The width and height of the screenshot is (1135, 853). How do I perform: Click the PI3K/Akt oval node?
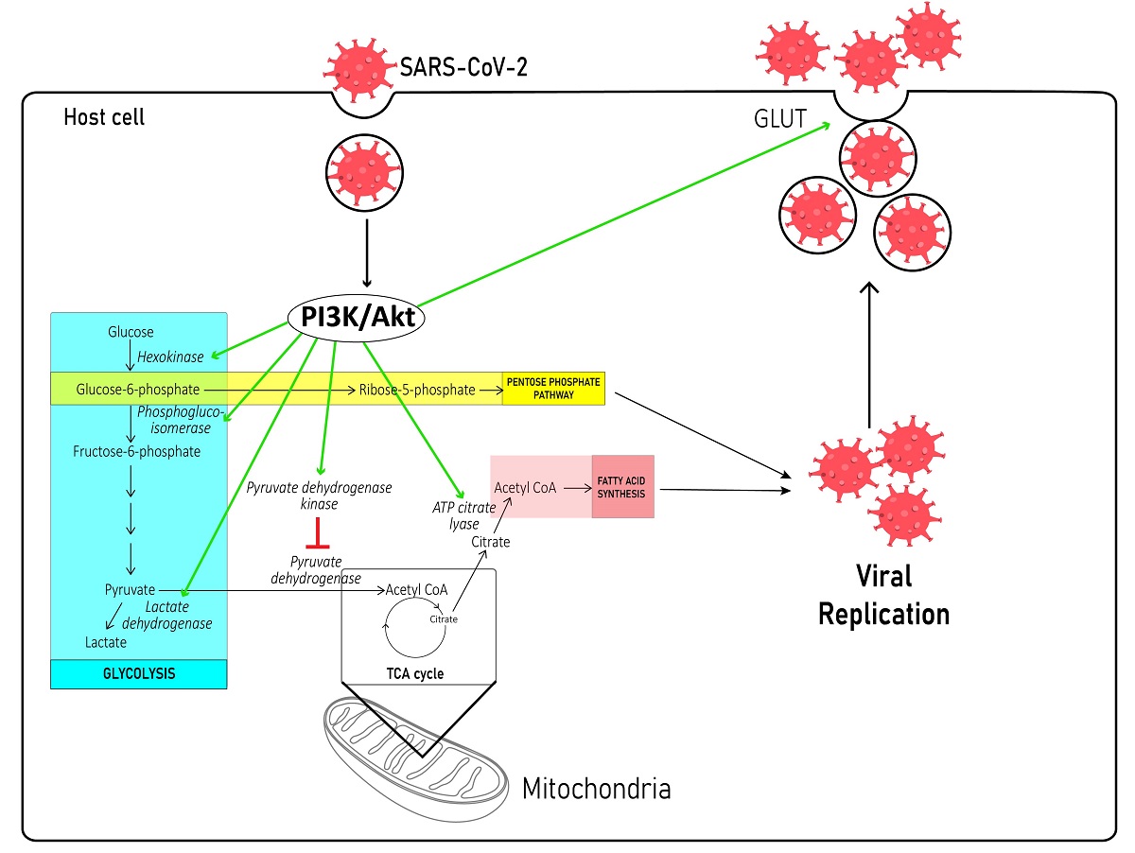pyautogui.click(x=358, y=319)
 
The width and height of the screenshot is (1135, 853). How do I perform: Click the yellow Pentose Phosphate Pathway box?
pyautogui.click(x=553, y=389)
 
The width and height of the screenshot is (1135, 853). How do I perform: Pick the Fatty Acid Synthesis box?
pyautogui.click(x=622, y=486)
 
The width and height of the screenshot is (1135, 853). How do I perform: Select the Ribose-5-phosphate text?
pyautogui.click(x=416, y=389)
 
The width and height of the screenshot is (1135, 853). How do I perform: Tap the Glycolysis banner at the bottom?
pyautogui.click(x=138, y=673)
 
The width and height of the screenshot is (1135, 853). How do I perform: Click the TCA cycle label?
pyautogui.click(x=415, y=673)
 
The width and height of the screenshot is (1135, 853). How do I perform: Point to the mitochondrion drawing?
pyautogui.click(x=416, y=747)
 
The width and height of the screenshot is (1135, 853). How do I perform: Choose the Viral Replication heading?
pyautogui.click(x=882, y=595)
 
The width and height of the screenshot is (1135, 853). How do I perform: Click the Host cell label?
pyautogui.click(x=104, y=118)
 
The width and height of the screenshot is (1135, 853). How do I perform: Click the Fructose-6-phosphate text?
pyautogui.click(x=136, y=451)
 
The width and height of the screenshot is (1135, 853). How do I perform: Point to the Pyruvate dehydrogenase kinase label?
pyautogui.click(x=319, y=496)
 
